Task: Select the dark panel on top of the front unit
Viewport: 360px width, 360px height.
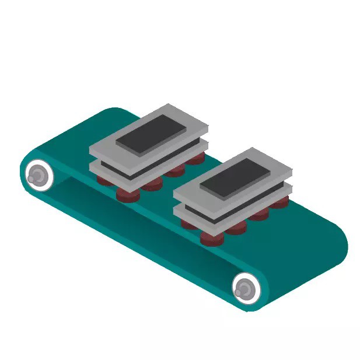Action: coord(236,177)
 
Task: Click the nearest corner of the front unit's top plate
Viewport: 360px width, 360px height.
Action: coord(222,211)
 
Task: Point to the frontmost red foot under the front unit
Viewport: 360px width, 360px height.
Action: coord(211,238)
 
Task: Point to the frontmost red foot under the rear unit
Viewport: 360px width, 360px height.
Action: coord(127,194)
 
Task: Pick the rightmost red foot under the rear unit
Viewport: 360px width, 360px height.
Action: coord(197,158)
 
